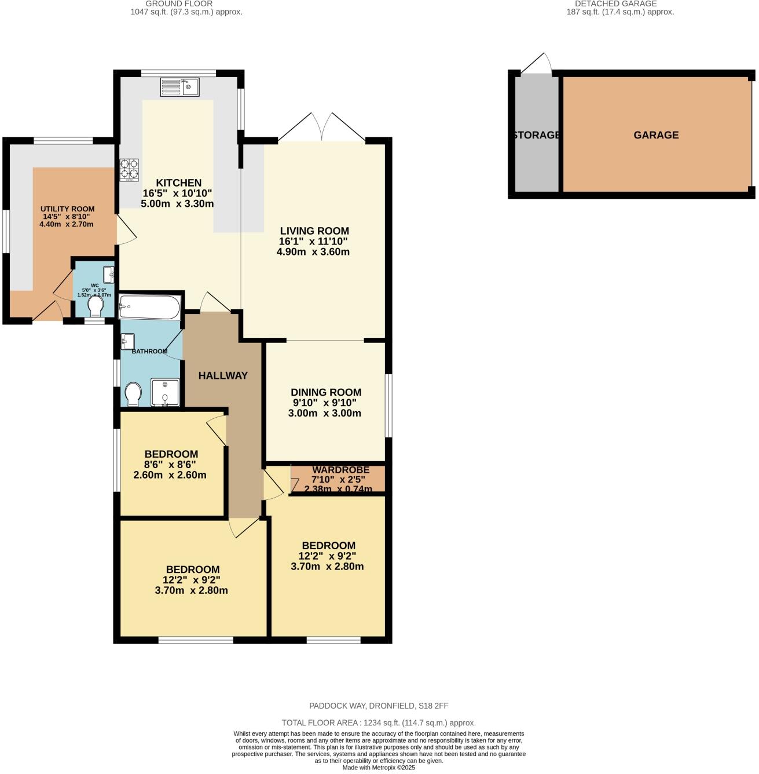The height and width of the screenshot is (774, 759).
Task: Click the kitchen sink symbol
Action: pos(179,87)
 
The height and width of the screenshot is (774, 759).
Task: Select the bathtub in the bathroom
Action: pos(149,307)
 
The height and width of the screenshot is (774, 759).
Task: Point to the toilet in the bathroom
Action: pos(133,394)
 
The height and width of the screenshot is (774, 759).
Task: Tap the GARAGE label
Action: pos(656,135)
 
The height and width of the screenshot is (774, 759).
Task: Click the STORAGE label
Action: pos(536,135)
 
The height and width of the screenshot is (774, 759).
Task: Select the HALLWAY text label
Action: pos(223,375)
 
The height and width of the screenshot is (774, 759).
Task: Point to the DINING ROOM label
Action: pos(326,392)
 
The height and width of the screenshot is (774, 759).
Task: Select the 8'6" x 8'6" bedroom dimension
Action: pos(171,465)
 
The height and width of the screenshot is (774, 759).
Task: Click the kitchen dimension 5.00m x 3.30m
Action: pos(177,203)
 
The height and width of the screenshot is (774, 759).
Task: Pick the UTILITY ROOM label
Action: pos(67,209)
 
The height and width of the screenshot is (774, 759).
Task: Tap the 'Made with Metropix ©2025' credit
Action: pos(379,768)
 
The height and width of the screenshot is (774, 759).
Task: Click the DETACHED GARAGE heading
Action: pos(615,3)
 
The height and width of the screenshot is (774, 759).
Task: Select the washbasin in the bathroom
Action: pos(127,341)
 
